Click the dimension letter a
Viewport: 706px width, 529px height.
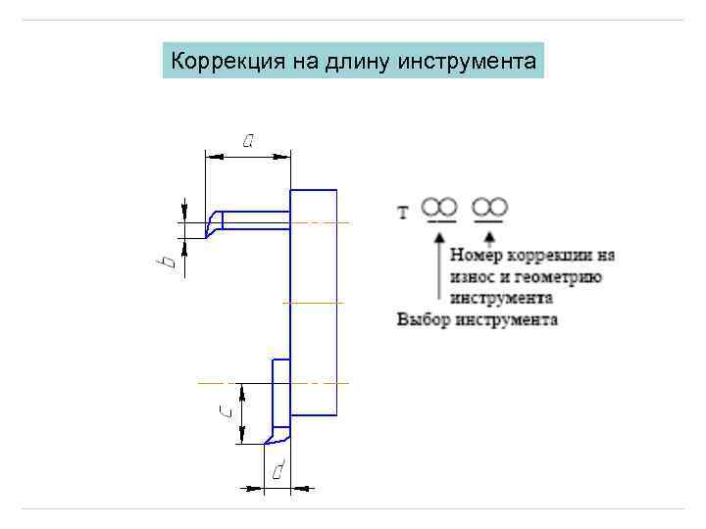[248, 140]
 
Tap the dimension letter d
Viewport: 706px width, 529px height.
[278, 471]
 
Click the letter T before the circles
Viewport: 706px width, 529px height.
[403, 212]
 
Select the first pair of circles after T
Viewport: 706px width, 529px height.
[440, 207]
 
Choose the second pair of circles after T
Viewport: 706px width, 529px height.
[490, 207]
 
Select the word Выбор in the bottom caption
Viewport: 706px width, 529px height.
[423, 319]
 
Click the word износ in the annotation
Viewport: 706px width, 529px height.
[474, 276]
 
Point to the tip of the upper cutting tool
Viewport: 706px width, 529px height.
[205, 236]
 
